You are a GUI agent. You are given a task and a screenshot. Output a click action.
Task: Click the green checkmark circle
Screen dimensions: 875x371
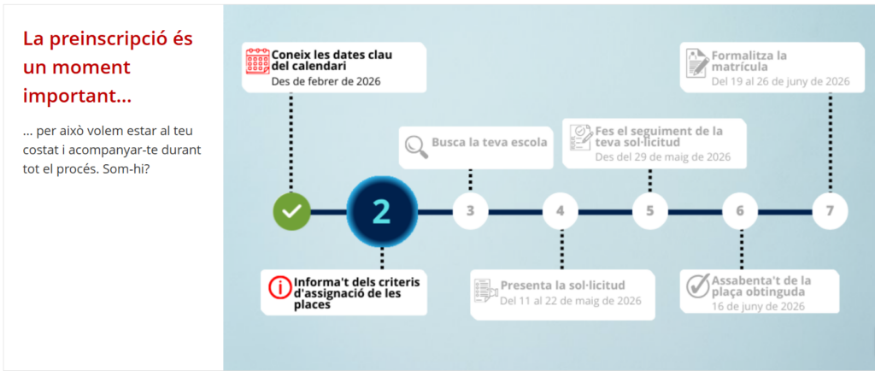(291, 211)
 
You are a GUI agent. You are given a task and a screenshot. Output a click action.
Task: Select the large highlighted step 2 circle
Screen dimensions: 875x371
(382, 211)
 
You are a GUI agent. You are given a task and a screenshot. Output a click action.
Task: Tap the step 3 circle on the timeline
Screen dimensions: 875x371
(471, 211)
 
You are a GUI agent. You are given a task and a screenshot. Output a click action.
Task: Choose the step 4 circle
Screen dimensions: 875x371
(561, 211)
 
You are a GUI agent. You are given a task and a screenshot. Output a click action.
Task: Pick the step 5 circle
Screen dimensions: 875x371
(650, 211)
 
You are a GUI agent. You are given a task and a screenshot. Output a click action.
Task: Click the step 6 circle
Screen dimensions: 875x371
(740, 211)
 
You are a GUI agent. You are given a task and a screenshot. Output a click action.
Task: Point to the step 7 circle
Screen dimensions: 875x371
(830, 211)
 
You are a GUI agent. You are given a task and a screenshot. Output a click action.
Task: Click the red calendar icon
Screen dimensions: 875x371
(258, 62)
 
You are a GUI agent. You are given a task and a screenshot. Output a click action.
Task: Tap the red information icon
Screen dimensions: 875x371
(280, 287)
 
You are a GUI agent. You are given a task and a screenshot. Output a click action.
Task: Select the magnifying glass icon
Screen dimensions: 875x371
(416, 144)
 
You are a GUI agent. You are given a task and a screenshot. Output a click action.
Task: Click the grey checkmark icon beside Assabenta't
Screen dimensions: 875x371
(698, 286)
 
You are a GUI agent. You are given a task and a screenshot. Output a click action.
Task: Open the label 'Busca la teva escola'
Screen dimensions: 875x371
(490, 142)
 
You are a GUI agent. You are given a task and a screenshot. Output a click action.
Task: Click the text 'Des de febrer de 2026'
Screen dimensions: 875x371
(326, 81)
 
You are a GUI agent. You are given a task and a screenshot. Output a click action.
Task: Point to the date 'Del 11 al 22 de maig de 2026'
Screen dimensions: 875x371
(570, 301)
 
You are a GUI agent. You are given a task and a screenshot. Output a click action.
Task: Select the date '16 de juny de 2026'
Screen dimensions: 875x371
(758, 306)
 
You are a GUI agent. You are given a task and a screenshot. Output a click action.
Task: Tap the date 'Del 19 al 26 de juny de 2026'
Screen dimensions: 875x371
(781, 81)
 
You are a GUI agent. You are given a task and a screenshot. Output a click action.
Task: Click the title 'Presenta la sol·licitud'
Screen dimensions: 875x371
(562, 286)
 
